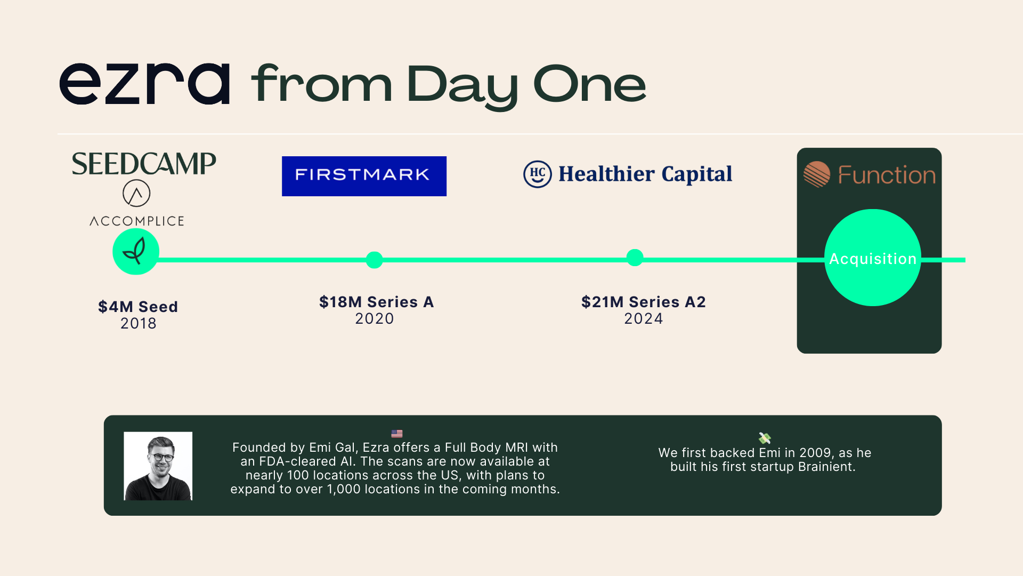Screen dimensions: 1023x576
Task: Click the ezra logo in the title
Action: (144, 84)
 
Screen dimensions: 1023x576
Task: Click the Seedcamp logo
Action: (144, 164)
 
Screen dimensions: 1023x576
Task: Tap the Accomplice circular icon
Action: (136, 193)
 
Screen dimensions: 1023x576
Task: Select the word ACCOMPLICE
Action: (137, 221)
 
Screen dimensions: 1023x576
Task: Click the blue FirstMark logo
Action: (364, 176)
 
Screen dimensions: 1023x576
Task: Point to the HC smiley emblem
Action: (537, 174)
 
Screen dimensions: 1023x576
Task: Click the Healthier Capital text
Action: (645, 174)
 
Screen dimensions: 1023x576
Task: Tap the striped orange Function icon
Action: (817, 174)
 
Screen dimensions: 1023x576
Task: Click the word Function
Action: (887, 175)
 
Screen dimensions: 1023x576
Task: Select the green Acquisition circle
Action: (873, 258)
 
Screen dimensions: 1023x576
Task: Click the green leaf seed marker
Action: (136, 252)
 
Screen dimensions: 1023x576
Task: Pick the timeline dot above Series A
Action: (375, 260)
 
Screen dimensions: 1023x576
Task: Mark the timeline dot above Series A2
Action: (635, 258)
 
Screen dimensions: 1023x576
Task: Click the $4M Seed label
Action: (138, 307)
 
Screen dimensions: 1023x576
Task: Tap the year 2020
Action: (375, 318)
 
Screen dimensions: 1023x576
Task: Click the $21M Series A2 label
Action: (644, 302)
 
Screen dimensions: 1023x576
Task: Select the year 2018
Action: (139, 323)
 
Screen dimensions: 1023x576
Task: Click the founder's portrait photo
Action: (158, 466)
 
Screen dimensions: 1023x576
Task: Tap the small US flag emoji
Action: (397, 434)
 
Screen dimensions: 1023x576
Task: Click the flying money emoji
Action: (765, 438)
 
